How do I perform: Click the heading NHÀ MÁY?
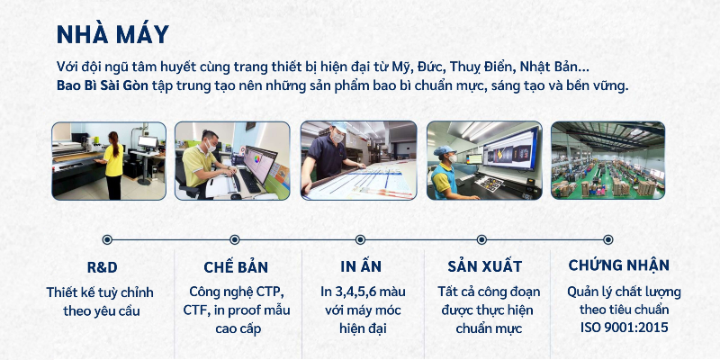click(x=112, y=35)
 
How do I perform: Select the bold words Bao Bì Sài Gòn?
click(x=103, y=85)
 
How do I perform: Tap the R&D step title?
click(x=102, y=267)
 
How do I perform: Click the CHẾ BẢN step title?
click(x=236, y=266)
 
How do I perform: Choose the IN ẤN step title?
click(x=361, y=265)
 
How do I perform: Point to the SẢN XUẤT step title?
click(x=484, y=266)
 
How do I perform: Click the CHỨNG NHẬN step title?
click(x=618, y=265)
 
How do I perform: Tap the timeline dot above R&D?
click(x=107, y=239)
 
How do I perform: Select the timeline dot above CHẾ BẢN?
click(x=235, y=239)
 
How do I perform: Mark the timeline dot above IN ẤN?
click(x=361, y=239)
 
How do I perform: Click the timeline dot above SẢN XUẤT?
click(x=481, y=239)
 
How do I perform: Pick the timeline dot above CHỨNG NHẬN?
click(x=608, y=239)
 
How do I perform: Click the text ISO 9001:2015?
click(x=624, y=328)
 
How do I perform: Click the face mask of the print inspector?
click(x=338, y=138)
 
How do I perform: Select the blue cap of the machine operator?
click(x=445, y=150)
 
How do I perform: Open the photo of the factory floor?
click(x=608, y=160)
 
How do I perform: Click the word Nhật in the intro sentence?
click(x=533, y=67)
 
